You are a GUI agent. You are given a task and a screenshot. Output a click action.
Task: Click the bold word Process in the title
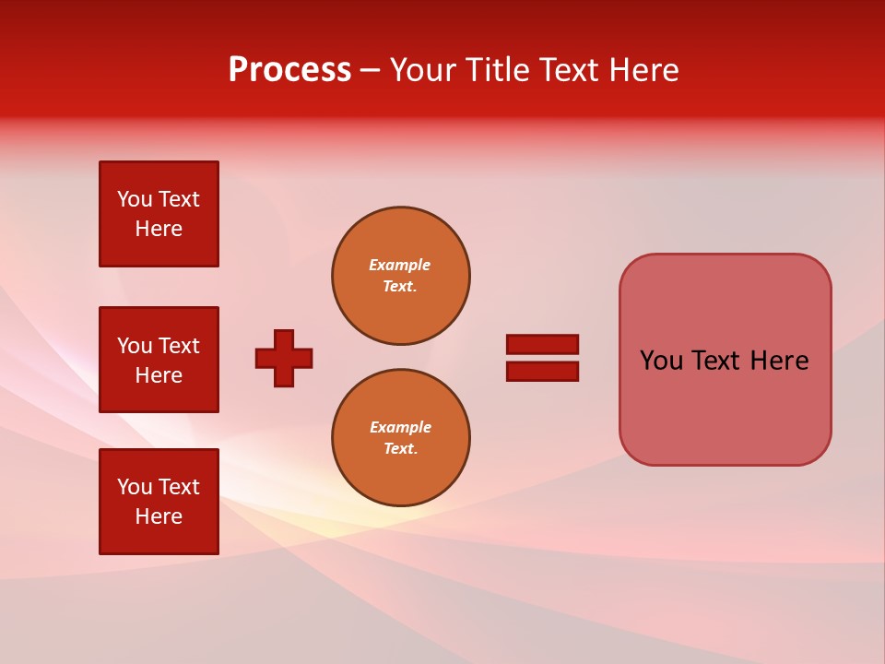tap(289, 70)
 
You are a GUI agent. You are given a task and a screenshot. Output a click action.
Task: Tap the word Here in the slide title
tap(643, 70)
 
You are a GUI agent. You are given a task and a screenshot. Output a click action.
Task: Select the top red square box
tap(159, 214)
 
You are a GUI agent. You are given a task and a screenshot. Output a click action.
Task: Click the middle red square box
tap(159, 360)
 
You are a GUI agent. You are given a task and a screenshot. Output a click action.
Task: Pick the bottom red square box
tap(159, 502)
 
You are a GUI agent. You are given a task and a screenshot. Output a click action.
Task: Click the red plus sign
tap(284, 358)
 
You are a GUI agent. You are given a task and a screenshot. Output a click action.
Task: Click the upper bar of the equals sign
tap(542, 345)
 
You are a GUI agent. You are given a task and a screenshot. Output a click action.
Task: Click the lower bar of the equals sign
tap(542, 371)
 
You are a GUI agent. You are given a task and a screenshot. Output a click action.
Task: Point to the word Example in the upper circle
tap(399, 265)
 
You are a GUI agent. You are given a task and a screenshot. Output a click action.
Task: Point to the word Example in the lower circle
tap(400, 427)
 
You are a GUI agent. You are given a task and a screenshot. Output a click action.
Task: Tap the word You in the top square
tap(135, 199)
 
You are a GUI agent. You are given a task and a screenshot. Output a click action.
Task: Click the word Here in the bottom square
tap(159, 517)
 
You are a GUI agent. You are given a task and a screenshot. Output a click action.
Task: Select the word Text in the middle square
tap(178, 346)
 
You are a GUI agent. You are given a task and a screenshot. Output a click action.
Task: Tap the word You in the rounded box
tap(661, 361)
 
